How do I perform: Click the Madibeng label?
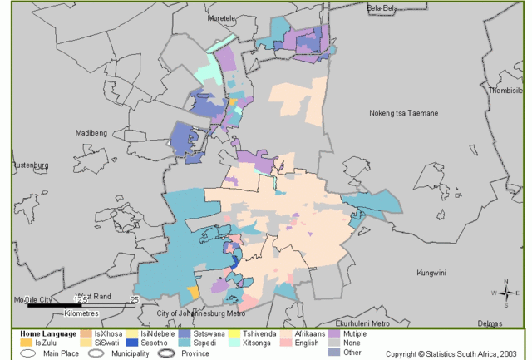[x=92, y=132]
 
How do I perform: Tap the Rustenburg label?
[x=30, y=165]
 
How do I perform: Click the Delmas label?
[x=489, y=323]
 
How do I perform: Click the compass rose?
[x=505, y=293]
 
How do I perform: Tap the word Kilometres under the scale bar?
[x=81, y=313]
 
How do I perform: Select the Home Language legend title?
[x=47, y=333]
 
